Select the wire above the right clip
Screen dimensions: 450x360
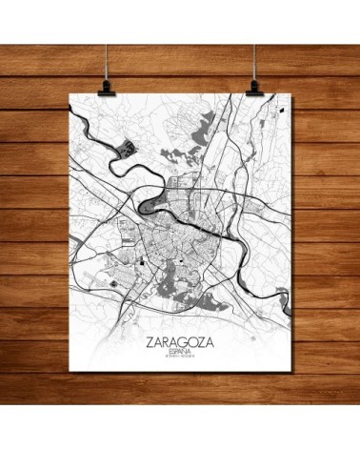click(256, 38)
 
